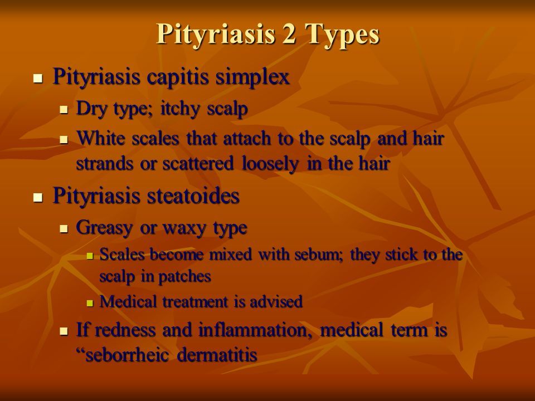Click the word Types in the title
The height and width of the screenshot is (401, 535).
(x=342, y=35)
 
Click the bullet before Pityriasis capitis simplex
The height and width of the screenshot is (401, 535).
(x=38, y=79)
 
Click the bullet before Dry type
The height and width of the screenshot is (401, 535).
(x=64, y=110)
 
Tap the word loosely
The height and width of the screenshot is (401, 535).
(x=270, y=165)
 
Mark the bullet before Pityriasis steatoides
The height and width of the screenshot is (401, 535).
(x=38, y=197)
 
